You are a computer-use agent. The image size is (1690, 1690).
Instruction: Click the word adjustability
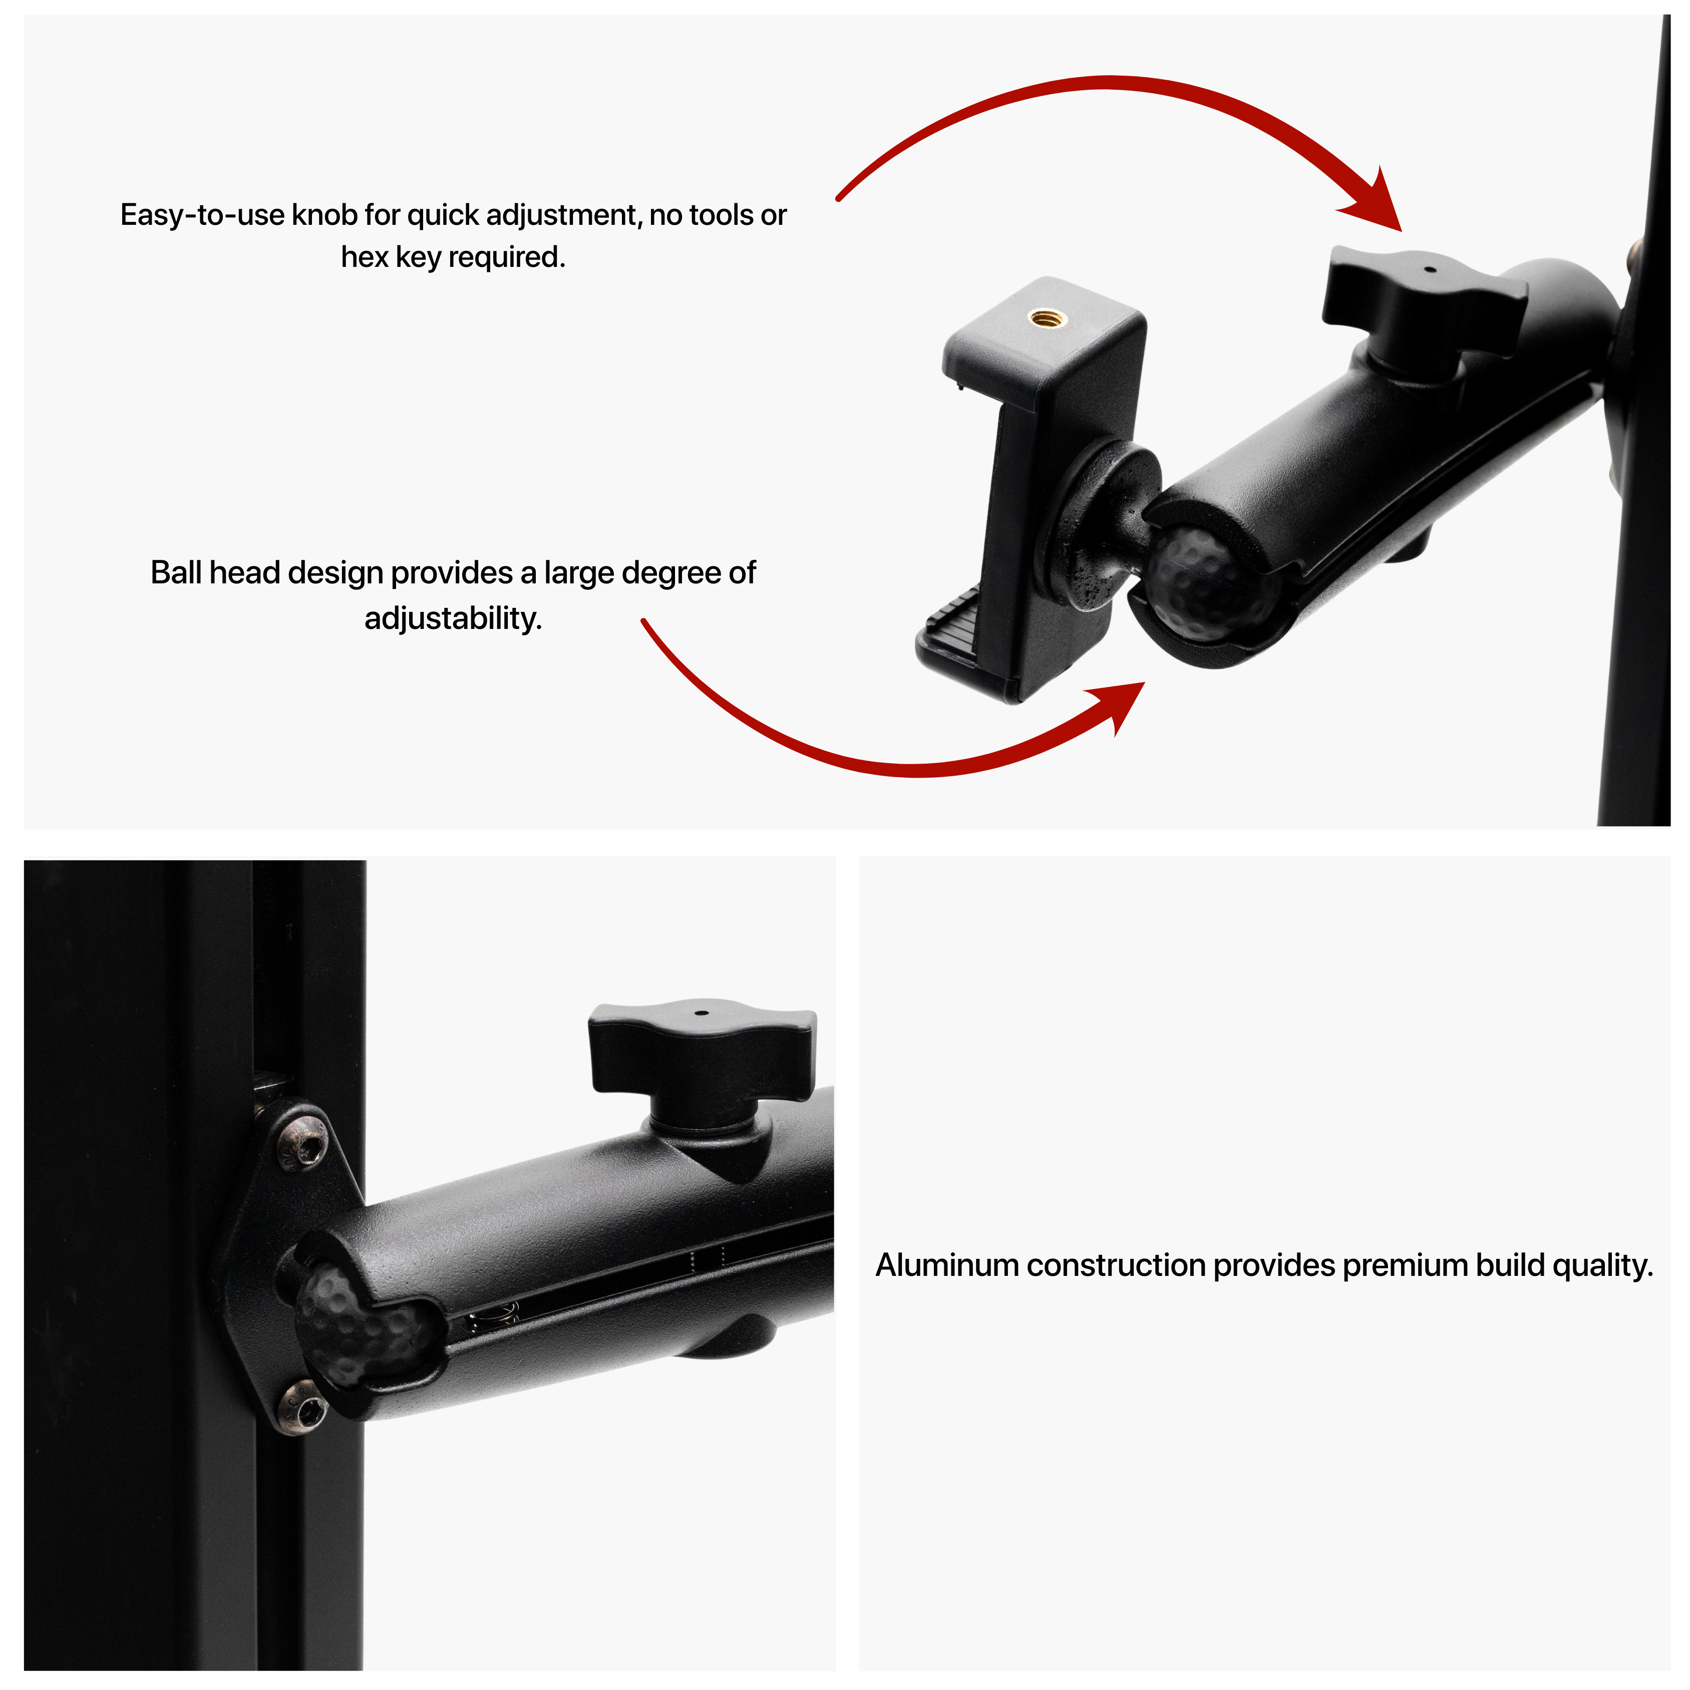tap(453, 618)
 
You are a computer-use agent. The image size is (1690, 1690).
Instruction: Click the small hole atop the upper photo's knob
tap(1429, 269)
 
